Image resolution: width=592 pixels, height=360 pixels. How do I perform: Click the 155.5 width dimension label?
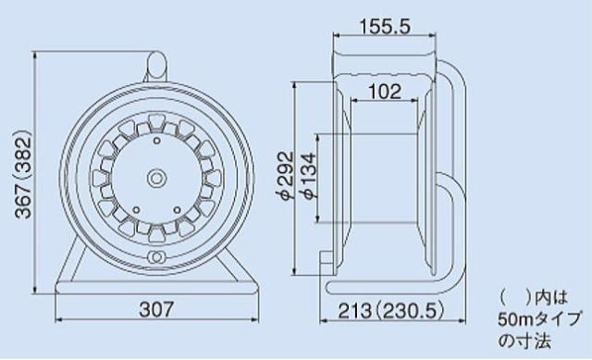(x=385, y=27)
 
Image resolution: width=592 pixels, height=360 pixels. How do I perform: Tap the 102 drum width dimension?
(x=385, y=92)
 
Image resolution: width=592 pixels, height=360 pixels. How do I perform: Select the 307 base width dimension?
(x=156, y=309)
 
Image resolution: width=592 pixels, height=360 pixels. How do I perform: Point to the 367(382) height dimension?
(x=23, y=174)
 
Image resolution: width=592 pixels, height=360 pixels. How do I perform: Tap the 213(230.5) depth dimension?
(x=391, y=311)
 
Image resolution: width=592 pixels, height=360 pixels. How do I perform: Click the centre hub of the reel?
(x=156, y=178)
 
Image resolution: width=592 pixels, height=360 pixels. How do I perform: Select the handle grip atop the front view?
(x=156, y=65)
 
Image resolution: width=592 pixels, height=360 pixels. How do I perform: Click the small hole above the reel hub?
(x=156, y=141)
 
